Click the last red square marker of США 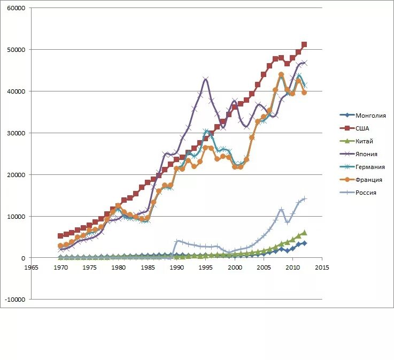point(304,44)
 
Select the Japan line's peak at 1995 point(205,79)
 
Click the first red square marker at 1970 point(60,236)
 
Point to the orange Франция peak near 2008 point(281,75)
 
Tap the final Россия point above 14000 point(304,198)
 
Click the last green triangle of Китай point(304,232)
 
